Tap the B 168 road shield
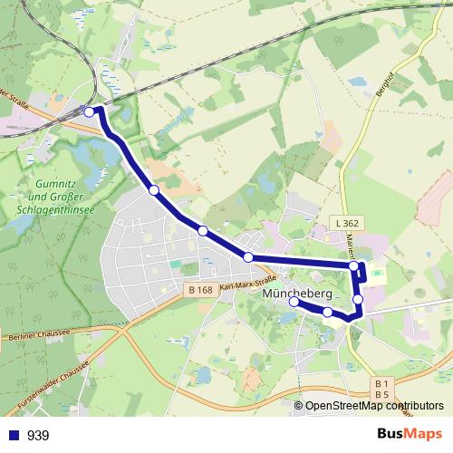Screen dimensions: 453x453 pyautogui.click(x=202, y=290)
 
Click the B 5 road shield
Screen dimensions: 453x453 pyautogui.click(x=381, y=395)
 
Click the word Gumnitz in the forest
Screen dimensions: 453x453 pyautogui.click(x=52, y=182)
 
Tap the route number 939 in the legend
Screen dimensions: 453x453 pyautogui.click(x=38, y=436)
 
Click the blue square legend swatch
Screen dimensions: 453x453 pyautogui.click(x=11, y=436)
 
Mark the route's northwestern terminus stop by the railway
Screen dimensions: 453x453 pyautogui.click(x=89, y=111)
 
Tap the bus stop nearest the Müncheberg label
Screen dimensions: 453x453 pyautogui.click(x=294, y=303)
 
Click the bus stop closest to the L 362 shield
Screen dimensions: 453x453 pyautogui.click(x=354, y=266)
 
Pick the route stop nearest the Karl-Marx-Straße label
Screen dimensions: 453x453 pyautogui.click(x=248, y=257)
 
